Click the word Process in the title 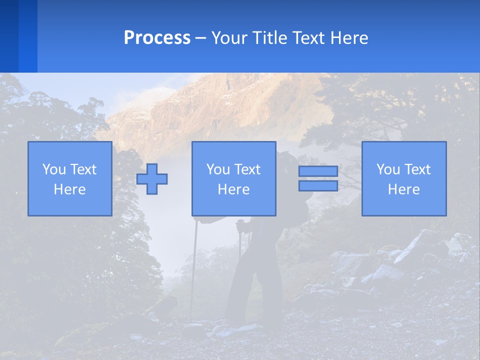coord(157,38)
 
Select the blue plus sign coord(152,178)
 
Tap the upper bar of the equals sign coord(318,171)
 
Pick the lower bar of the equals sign coord(318,185)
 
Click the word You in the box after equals coord(388,169)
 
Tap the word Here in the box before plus coord(70,189)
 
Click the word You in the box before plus coord(54,169)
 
